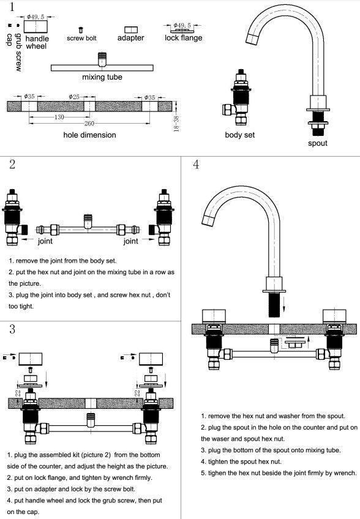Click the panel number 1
point(12,7)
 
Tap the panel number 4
point(196,164)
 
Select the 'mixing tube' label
point(102,77)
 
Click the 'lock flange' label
point(184,38)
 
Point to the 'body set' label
point(240,135)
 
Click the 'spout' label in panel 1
point(318,143)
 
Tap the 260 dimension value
point(89,124)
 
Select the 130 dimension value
point(59,117)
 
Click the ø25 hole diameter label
point(74,97)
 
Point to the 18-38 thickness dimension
point(176,123)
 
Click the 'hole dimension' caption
point(90,135)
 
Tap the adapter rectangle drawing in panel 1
point(131,30)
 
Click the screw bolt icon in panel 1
point(81,30)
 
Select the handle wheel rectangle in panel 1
point(36,27)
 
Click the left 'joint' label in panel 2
point(45,241)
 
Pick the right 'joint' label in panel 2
point(131,241)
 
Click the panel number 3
point(12,329)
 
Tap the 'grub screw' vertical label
point(18,52)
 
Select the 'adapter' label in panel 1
point(131,38)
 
